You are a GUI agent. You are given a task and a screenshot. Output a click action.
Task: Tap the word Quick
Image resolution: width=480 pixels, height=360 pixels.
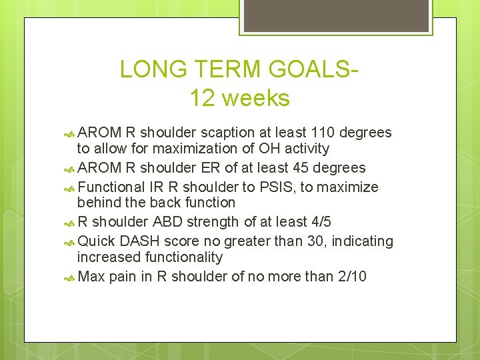pyautogui.click(x=96, y=241)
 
